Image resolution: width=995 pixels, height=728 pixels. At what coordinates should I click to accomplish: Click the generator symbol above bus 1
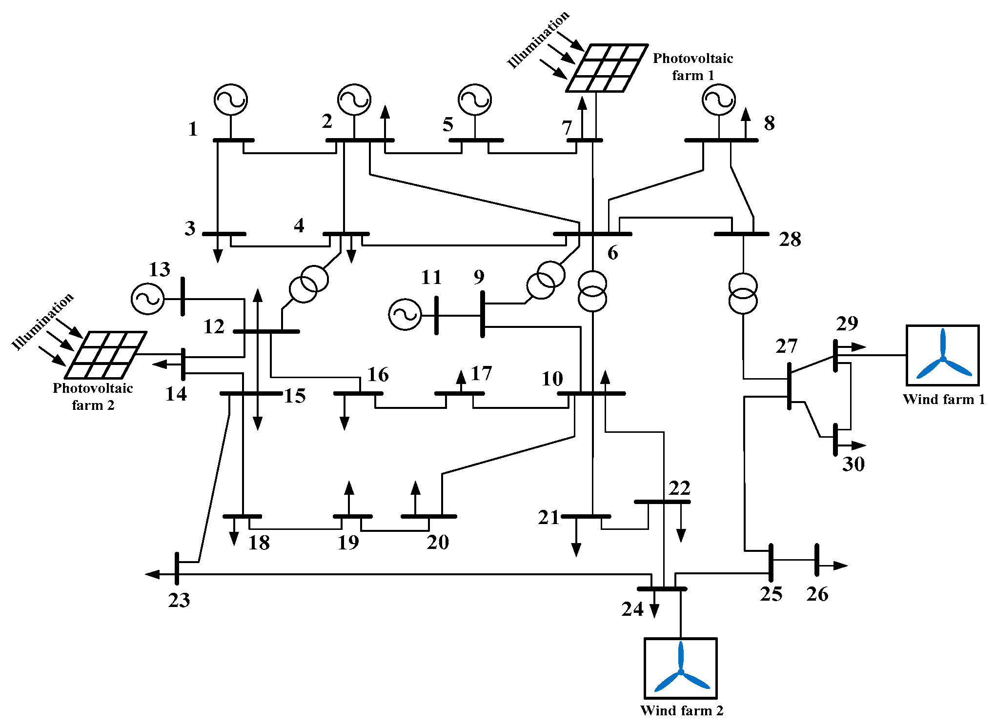pyautogui.click(x=230, y=100)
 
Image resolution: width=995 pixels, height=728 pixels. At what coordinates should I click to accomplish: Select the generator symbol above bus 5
pyautogui.click(x=474, y=100)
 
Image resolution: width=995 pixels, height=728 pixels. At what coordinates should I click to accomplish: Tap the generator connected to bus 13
pyautogui.click(x=147, y=298)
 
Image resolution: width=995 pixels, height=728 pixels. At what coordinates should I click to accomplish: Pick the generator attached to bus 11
pyautogui.click(x=405, y=315)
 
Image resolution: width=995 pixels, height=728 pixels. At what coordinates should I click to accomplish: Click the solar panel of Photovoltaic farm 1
pyautogui.click(x=607, y=68)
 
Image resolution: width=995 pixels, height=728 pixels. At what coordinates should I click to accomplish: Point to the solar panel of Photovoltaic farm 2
pyautogui.click(x=106, y=355)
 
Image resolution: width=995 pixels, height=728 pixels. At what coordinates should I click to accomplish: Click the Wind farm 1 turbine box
pyautogui.click(x=942, y=355)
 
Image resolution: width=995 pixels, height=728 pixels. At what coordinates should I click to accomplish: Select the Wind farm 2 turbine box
pyautogui.click(x=680, y=668)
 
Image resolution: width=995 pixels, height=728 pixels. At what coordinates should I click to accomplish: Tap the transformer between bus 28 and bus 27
pyautogui.click(x=743, y=293)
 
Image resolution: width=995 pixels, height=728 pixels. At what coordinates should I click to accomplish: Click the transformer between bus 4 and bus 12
pyautogui.click(x=309, y=284)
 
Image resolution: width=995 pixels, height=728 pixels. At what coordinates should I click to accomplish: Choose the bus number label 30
pyautogui.click(x=853, y=464)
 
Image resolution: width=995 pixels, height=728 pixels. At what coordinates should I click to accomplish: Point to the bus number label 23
pyautogui.click(x=179, y=600)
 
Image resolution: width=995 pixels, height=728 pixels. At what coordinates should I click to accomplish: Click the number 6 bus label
pyautogui.click(x=612, y=253)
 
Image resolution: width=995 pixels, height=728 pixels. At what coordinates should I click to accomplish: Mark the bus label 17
pyautogui.click(x=481, y=374)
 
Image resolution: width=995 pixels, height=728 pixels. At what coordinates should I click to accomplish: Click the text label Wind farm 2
pyautogui.click(x=681, y=710)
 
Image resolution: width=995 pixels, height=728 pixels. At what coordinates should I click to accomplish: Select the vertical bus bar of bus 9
pyautogui.click(x=483, y=314)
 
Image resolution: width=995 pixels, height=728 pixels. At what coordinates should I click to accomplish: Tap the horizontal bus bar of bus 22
pyautogui.click(x=662, y=502)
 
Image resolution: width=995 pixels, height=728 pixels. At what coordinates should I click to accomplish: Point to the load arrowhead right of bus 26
pyautogui.click(x=841, y=566)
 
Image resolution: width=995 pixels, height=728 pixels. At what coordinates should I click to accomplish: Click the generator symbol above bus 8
pyautogui.click(x=718, y=100)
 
